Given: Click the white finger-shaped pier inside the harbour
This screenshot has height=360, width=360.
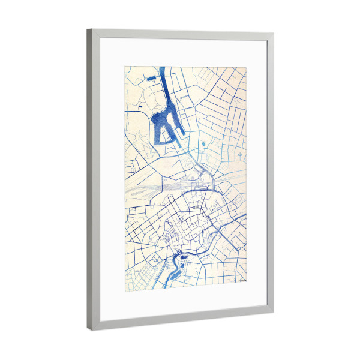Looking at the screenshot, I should click(x=170, y=125).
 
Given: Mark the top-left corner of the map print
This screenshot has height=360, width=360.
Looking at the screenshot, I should click(x=125, y=66).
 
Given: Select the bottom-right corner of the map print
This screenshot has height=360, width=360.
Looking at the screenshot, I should click(x=247, y=281).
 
